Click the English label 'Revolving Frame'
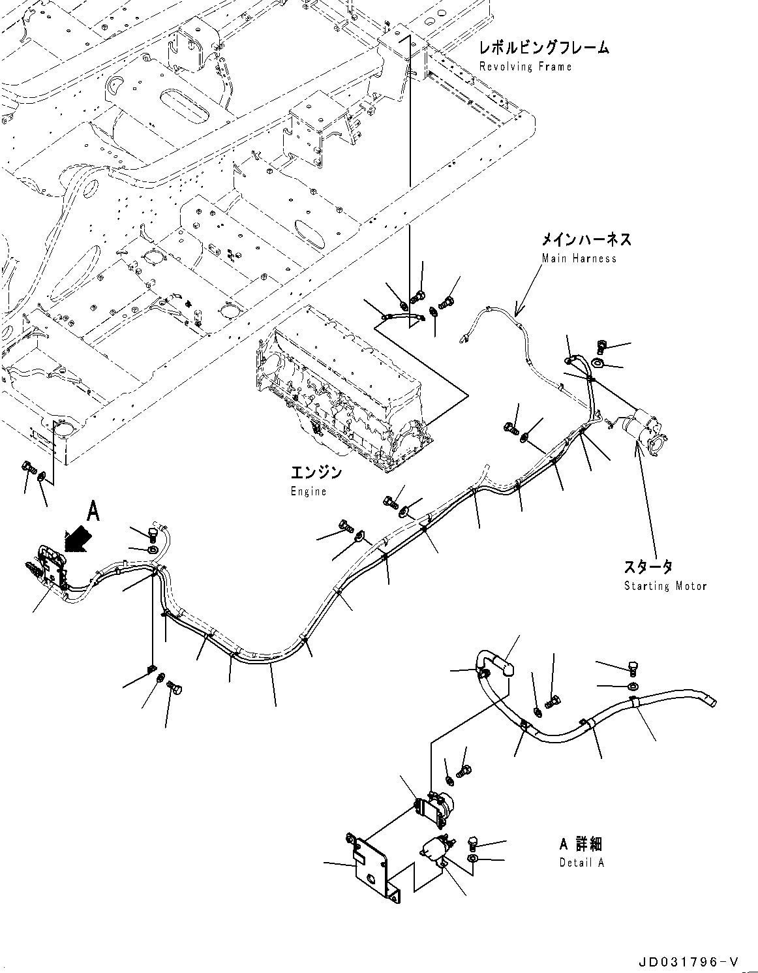525,67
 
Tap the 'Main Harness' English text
579,258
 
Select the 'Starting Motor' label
665,586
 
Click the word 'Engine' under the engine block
308,491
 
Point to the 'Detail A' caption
581,863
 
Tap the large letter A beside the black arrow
93,512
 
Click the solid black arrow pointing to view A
76,539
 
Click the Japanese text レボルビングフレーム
543,48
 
